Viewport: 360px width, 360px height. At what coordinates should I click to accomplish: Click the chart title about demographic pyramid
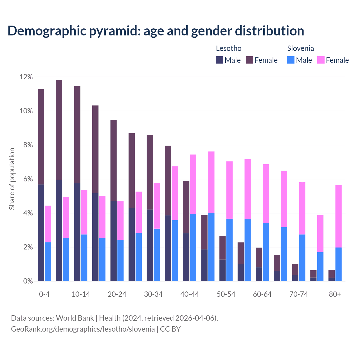(x=156, y=31)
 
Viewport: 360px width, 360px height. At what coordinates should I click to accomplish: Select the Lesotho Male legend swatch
(x=219, y=60)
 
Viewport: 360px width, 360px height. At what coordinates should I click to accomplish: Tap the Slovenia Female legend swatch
(x=321, y=60)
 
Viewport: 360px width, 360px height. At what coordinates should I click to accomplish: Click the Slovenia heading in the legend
(x=300, y=48)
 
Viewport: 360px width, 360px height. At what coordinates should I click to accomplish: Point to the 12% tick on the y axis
(x=26, y=77)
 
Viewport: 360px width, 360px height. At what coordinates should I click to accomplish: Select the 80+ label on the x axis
(x=335, y=294)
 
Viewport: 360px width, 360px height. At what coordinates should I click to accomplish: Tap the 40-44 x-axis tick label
(x=190, y=294)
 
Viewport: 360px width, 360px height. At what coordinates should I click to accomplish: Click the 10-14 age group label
(x=81, y=294)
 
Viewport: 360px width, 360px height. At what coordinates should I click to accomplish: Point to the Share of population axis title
(x=12, y=179)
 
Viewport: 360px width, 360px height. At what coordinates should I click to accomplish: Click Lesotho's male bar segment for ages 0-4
(x=41, y=233)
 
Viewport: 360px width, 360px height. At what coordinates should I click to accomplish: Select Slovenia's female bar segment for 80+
(x=338, y=216)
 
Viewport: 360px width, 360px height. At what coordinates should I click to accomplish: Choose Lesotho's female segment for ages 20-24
(x=113, y=160)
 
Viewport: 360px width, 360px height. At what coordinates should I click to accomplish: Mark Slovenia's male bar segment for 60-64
(x=266, y=252)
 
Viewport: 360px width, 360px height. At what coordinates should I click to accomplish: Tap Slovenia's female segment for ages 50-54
(x=229, y=190)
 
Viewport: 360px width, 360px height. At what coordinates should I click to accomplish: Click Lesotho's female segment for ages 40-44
(x=186, y=207)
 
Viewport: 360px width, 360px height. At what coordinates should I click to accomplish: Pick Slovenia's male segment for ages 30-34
(x=157, y=255)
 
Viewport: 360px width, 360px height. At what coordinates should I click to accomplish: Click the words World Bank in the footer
(x=75, y=318)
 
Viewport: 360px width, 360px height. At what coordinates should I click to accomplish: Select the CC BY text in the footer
(x=170, y=329)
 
